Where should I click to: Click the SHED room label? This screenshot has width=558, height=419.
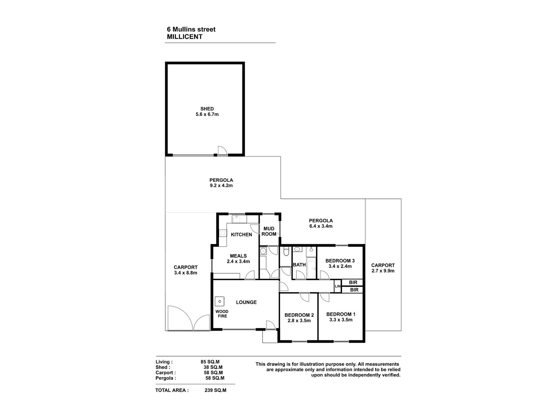(x=207, y=109)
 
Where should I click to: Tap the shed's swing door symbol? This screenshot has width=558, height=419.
(x=222, y=151)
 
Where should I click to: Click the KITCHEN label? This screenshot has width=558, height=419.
(x=241, y=234)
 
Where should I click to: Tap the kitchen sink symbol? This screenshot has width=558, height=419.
(x=236, y=219)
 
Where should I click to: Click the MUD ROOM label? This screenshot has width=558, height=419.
(x=269, y=231)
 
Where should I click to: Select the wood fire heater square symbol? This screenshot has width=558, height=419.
(x=219, y=301)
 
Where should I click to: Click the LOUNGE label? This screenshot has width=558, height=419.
(x=246, y=302)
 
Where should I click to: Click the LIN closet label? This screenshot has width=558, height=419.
(x=337, y=286)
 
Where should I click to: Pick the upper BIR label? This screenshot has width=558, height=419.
(x=353, y=282)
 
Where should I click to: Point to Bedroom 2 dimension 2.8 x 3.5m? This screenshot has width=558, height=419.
(x=299, y=320)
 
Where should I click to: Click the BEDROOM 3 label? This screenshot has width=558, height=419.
(x=340, y=261)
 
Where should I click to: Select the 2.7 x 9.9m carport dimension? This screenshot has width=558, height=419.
(x=383, y=271)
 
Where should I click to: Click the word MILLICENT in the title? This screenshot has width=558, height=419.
(x=184, y=37)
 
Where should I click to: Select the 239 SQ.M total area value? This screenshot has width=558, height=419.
(x=215, y=390)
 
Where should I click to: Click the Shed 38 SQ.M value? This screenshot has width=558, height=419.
(x=213, y=367)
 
